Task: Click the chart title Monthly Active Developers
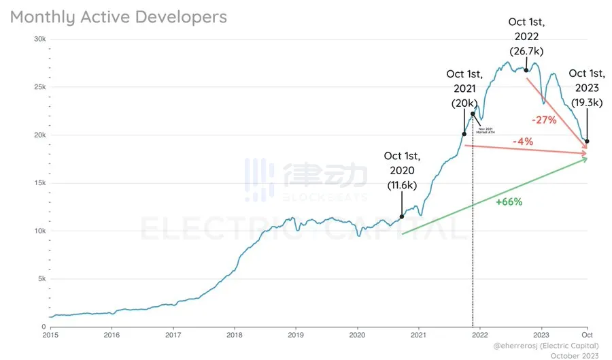[x=118, y=17]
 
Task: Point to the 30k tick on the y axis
[x=40, y=39]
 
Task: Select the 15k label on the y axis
[x=39, y=183]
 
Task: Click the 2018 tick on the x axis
[x=235, y=335]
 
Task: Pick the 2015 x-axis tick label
[x=51, y=335]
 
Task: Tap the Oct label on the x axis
[x=586, y=335]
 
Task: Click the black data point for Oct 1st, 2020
[x=401, y=217]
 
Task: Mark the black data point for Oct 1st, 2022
[x=526, y=70]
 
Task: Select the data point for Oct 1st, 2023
[x=587, y=142]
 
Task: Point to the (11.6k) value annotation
[x=401, y=184]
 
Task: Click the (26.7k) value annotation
[x=526, y=51]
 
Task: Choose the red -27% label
[x=544, y=120]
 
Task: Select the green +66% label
[x=509, y=201]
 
